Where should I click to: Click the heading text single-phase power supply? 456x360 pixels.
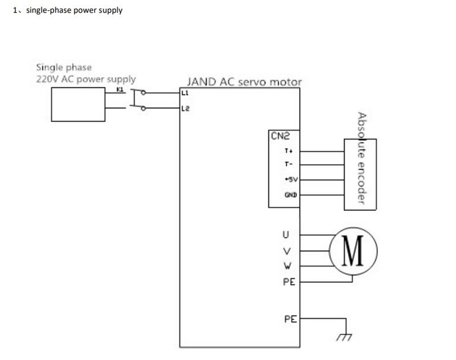tap(72, 10)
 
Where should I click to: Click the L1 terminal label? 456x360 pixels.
tap(185, 92)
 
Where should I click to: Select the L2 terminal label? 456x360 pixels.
tap(185, 108)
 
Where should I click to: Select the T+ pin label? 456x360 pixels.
tap(288, 152)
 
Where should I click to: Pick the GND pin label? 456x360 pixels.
tap(288, 195)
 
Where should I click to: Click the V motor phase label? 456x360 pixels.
tap(287, 251)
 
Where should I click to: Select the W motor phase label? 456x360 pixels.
tap(287, 265)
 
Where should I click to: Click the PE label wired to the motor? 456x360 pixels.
tap(289, 281)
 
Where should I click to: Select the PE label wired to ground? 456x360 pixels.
tap(290, 319)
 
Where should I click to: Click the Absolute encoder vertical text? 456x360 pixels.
tap(361, 158)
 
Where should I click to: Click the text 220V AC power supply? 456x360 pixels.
tap(86, 79)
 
